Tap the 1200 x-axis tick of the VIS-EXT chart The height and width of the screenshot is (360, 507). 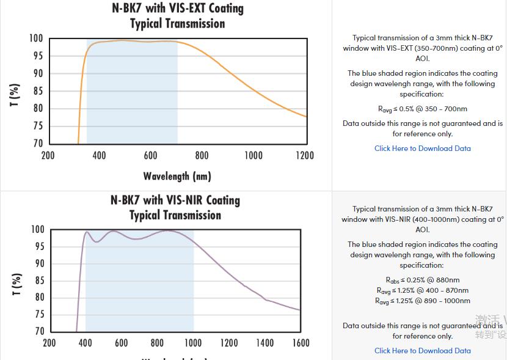(305, 155)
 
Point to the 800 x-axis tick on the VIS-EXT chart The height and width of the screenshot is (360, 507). (202, 155)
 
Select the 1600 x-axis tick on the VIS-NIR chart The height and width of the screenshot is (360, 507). (301, 343)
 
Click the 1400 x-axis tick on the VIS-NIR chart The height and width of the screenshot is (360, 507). (264, 343)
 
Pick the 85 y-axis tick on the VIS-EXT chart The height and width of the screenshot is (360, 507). (37, 91)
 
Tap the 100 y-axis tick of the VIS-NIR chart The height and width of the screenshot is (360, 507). (37, 230)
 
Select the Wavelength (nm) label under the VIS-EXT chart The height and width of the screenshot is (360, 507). (177, 176)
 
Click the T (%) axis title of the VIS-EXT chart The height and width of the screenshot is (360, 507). (15, 95)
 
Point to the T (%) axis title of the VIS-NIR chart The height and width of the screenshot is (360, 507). (16, 285)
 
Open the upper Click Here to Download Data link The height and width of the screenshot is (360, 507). (423, 149)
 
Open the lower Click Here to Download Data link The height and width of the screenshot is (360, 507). (423, 351)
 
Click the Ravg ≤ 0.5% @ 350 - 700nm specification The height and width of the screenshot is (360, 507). (423, 109)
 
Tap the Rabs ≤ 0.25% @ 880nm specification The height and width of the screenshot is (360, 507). (423, 280)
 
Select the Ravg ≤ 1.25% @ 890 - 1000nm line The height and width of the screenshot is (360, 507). (423, 301)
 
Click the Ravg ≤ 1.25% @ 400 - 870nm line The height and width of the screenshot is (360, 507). (423, 290)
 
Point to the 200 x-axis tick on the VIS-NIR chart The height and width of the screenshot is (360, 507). (49, 343)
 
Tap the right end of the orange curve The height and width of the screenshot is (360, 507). (305, 116)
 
